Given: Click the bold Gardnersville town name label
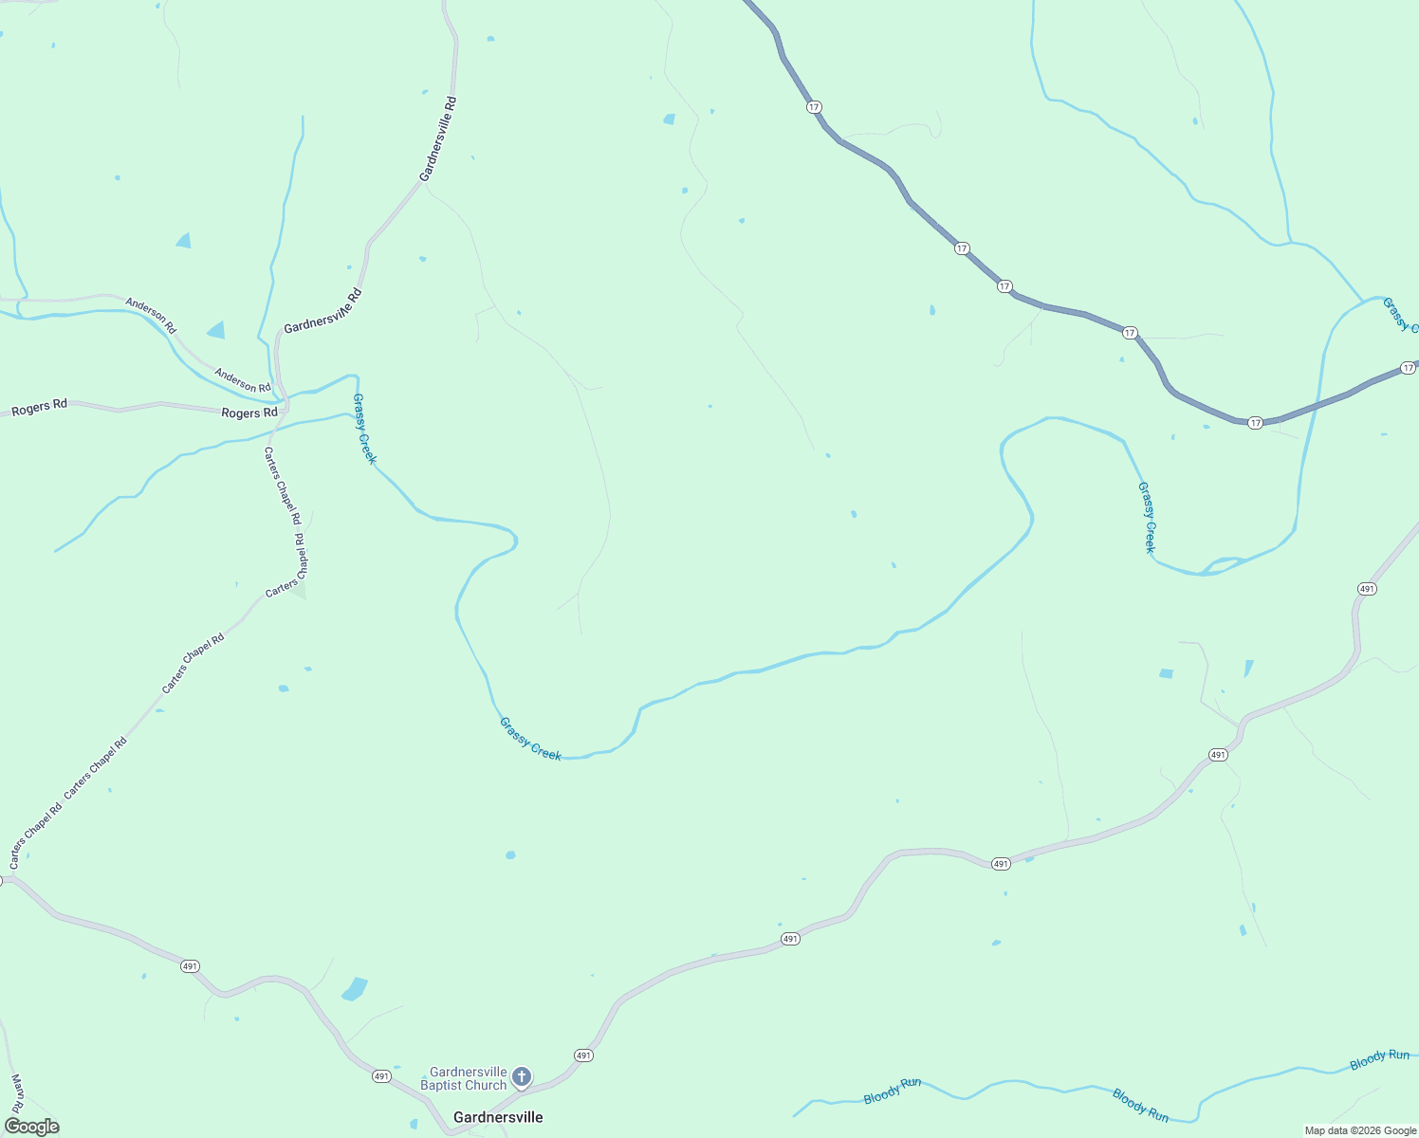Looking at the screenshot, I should click(498, 1117).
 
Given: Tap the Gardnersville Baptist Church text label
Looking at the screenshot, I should click(464, 1078).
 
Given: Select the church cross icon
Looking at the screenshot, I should click(521, 1076).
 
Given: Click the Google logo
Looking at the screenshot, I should click(31, 1127).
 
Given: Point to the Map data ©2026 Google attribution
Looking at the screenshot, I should click(1360, 1130).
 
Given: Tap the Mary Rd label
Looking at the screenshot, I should click(17, 1093).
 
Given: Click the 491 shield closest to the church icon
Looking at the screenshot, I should click(583, 1055).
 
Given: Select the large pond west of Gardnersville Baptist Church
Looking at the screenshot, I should click(355, 989).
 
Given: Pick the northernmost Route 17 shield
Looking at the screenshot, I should click(814, 107).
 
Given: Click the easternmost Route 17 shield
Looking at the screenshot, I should click(1408, 367).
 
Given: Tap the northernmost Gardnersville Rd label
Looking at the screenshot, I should click(438, 138).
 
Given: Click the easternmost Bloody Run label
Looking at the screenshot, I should click(1379, 1059).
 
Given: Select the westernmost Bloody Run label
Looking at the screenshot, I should click(892, 1091).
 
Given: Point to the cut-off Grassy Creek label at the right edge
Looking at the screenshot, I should click(1400, 315).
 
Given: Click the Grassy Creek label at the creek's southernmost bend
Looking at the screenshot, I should click(530, 739).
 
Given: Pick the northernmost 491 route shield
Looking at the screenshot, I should click(1366, 589).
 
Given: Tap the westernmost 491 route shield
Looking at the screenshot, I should click(190, 966).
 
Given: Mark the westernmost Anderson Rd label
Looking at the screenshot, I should click(151, 316).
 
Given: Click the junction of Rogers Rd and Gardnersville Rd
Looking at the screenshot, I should click(284, 410).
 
